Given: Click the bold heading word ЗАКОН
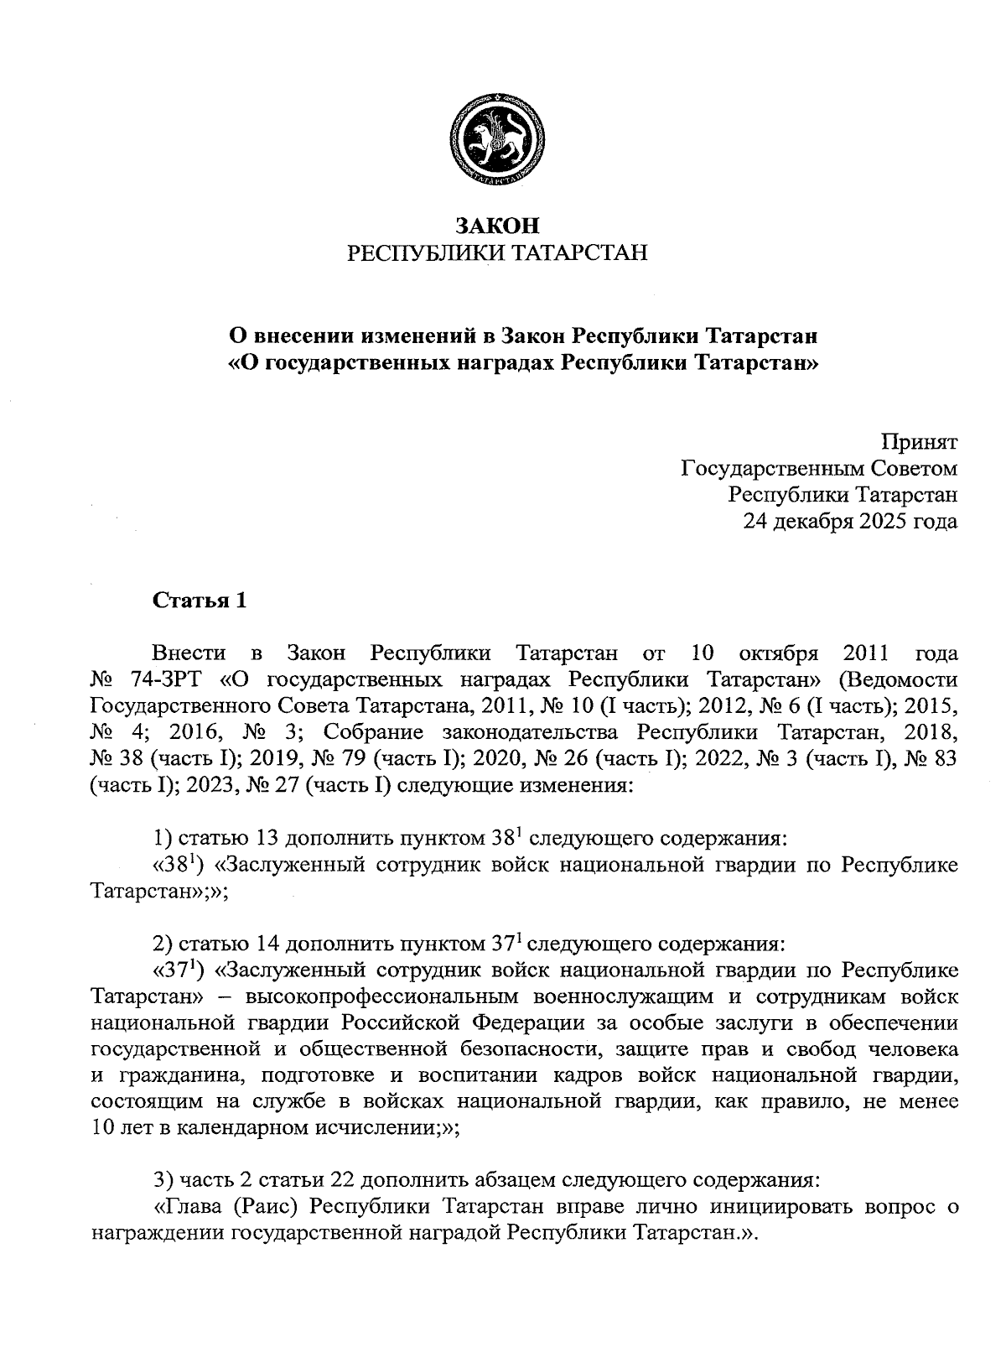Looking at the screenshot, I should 497,226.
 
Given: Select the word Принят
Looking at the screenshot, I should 920,441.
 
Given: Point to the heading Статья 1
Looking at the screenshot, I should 200,601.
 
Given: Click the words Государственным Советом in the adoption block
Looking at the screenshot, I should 819,468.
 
